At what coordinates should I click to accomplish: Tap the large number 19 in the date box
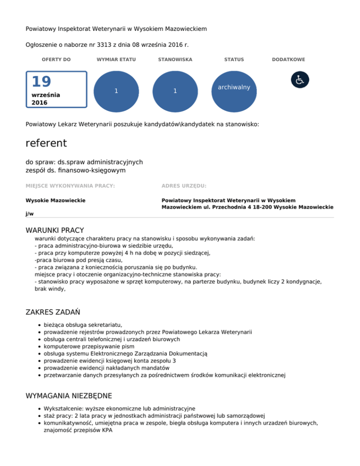point(41,82)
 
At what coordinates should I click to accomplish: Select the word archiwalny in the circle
point(234,88)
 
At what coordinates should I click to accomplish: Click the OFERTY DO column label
point(56,60)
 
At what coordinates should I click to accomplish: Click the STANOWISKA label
point(175,60)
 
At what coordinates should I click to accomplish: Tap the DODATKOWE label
point(288,60)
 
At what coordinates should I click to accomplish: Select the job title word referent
point(46,143)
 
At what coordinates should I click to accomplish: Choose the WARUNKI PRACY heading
point(54,230)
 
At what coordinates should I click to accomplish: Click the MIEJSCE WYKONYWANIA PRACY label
point(70,186)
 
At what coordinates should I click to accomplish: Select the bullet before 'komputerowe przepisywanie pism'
point(37,346)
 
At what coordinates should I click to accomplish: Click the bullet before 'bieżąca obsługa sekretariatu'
point(37,324)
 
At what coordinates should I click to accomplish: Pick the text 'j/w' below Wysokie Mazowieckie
point(30,213)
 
